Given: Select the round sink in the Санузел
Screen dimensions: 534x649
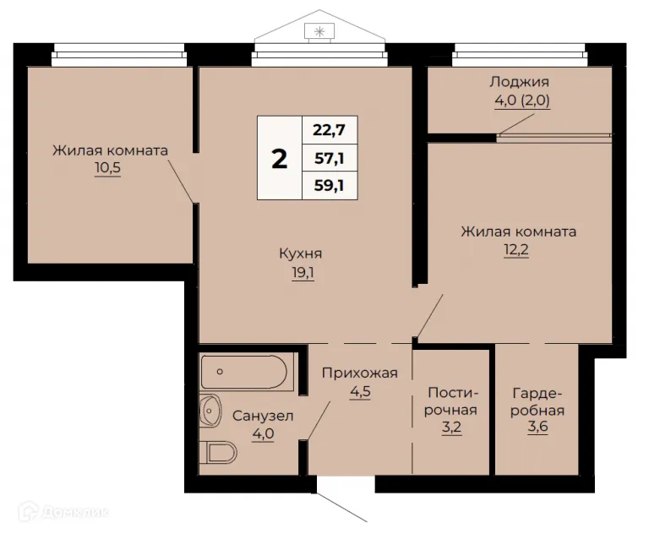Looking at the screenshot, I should [210, 411].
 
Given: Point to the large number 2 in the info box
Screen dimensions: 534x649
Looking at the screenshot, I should [279, 157].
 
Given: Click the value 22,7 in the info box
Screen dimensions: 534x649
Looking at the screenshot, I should [330, 129].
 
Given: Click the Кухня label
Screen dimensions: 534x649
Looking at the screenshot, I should [301, 253].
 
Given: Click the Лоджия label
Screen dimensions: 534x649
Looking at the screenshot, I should [519, 82].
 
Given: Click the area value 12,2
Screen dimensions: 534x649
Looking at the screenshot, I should [518, 250].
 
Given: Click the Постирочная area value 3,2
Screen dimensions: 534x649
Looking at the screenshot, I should [452, 429].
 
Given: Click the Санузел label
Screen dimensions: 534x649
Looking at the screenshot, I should [262, 416].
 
